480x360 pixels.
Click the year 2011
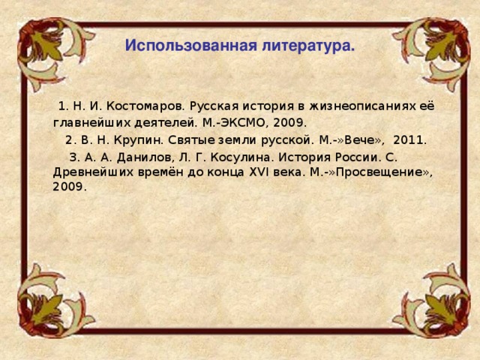[x=409, y=140]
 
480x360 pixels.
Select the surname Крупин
[x=138, y=140]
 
